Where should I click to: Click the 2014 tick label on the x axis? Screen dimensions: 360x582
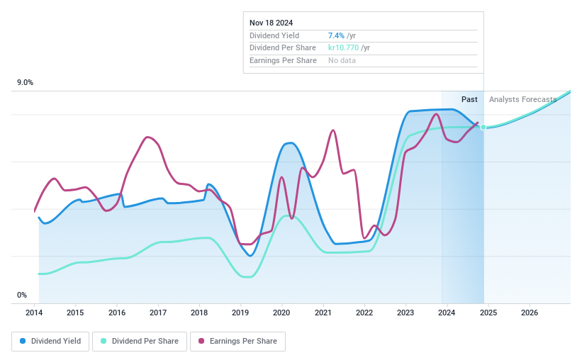point(35,313)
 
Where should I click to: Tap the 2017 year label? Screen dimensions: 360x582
point(158,313)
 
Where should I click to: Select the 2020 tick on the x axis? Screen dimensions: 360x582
point(281,313)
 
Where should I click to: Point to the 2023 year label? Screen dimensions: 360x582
point(405,313)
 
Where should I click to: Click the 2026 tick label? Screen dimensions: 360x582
point(529,313)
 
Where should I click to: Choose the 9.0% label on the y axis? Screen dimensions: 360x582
point(26,83)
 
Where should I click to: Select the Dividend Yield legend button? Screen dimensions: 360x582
point(50,341)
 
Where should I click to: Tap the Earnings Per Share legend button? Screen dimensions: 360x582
point(237,341)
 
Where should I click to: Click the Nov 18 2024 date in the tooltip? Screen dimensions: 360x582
point(271,23)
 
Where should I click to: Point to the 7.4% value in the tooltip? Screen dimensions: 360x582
point(336,35)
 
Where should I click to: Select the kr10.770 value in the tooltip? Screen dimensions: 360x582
point(343,47)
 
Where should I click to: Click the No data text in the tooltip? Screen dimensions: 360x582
point(342,60)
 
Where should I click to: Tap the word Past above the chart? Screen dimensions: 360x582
point(469,99)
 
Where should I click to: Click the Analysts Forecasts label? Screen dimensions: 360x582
point(522,99)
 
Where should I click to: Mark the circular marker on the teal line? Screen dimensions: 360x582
point(483,127)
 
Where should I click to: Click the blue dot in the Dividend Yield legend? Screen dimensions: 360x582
point(23,341)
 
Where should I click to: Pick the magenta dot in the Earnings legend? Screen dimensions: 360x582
point(201,341)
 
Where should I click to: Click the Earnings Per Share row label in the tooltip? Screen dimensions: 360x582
point(283,60)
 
